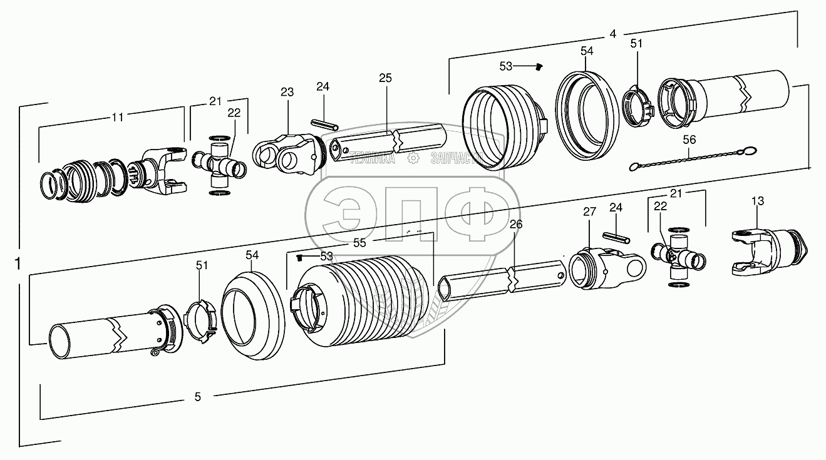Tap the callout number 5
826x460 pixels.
[x=198, y=396]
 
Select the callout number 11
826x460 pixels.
[x=117, y=117]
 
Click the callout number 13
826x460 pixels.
[x=758, y=201]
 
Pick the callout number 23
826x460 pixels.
[x=287, y=91]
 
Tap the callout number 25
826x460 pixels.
[x=385, y=78]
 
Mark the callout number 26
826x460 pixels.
[x=515, y=224]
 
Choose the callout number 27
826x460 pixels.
[x=589, y=212]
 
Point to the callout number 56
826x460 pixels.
[x=689, y=140]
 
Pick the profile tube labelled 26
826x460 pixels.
[x=501, y=282]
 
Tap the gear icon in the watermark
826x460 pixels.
[x=413, y=159]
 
